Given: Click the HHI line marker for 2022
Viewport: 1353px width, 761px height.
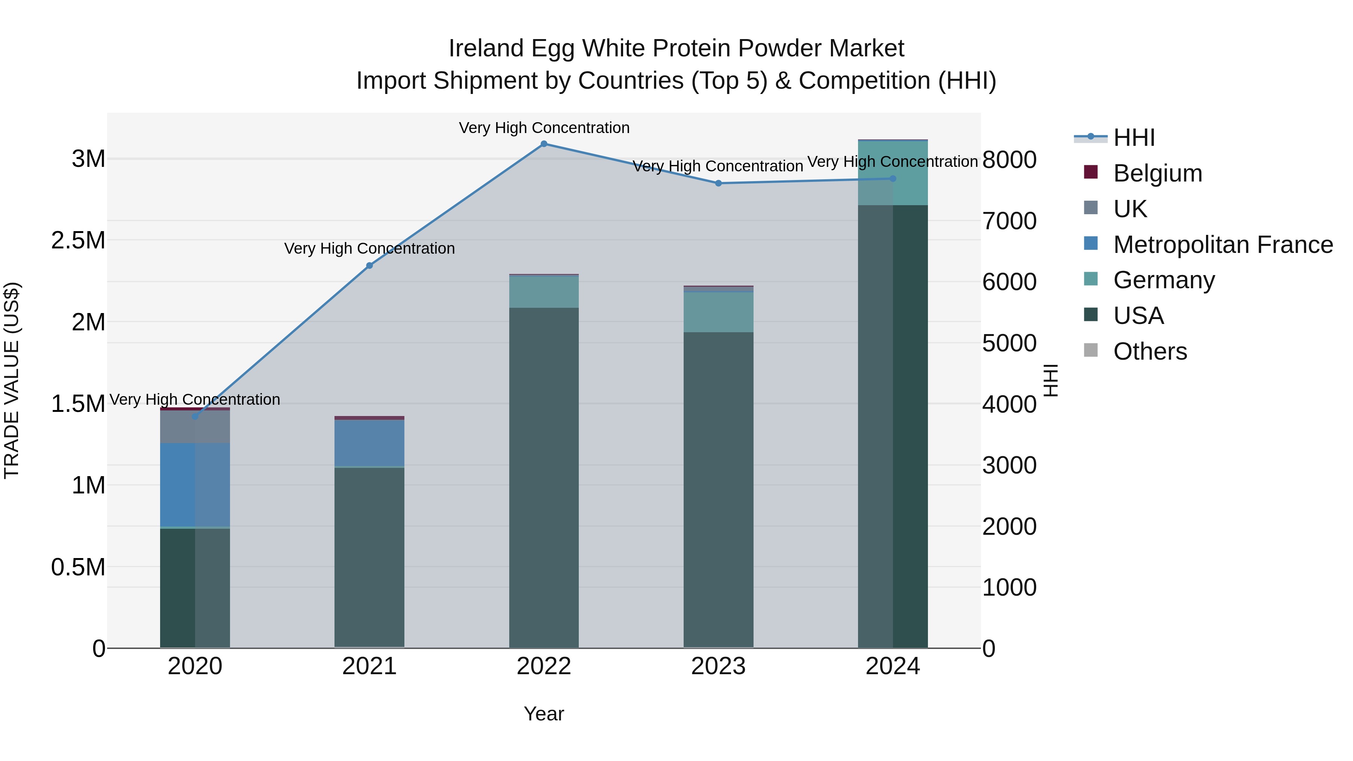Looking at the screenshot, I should pos(543,144).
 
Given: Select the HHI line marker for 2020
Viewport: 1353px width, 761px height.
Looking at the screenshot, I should pos(195,416).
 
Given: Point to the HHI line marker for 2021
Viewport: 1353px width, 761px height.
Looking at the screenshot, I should pos(369,266).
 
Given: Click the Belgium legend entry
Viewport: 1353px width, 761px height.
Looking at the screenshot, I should pos(1157,173).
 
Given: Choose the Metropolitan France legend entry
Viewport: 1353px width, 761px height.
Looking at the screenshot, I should pos(1223,245).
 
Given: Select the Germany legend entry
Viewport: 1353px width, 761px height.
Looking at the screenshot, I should pos(1163,280).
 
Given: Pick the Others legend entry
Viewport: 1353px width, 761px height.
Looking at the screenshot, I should pos(1150,351).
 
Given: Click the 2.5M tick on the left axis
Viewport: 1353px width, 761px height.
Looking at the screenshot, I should pos(78,241).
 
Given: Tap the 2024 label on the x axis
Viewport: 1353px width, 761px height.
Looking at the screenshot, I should pos(892,666).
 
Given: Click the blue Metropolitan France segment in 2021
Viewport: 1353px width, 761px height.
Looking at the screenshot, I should pos(369,443).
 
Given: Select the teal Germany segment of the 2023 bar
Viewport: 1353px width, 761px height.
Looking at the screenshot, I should pos(718,312).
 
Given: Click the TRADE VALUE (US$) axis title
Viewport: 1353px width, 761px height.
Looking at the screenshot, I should pos(12,380).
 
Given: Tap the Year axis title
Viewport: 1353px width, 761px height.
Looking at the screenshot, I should pos(543,714).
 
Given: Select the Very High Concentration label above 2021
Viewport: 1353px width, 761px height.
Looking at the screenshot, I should pos(369,248).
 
